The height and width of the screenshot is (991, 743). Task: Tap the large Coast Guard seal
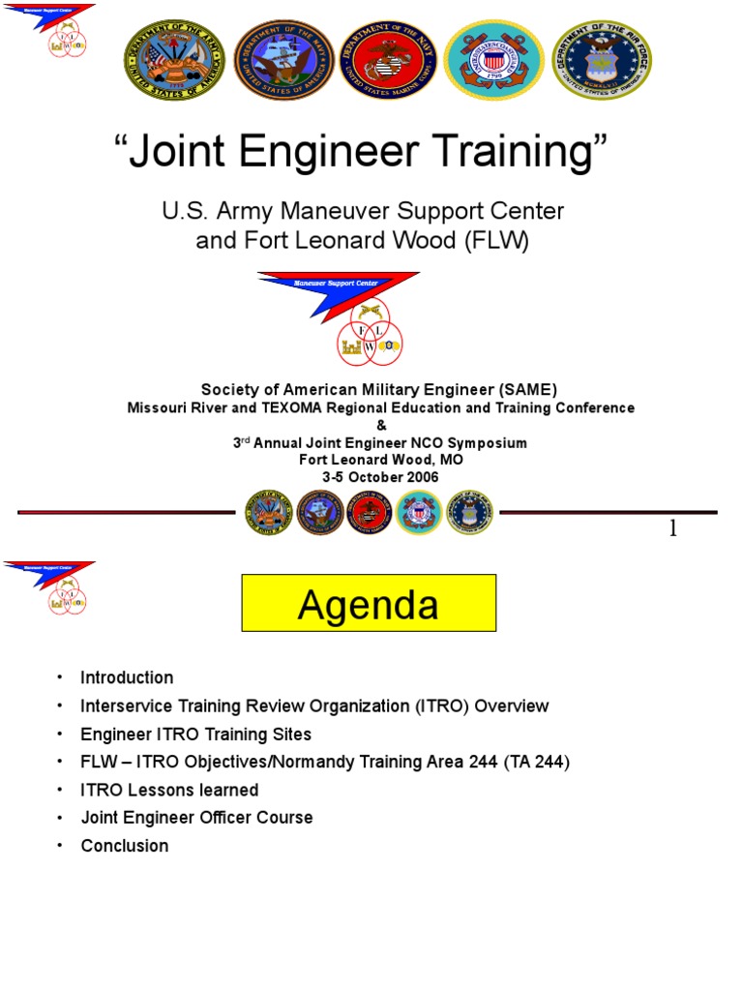493,61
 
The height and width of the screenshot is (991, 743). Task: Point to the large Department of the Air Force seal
602,61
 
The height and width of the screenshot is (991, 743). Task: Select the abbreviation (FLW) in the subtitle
496,241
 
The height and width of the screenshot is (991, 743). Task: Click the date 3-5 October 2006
380,477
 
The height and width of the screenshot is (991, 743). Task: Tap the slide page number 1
672,528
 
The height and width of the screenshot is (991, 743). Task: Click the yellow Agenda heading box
368,604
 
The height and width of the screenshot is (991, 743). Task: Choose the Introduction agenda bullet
127,677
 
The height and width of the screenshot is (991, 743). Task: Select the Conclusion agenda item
124,846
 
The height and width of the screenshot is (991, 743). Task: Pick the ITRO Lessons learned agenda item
169,790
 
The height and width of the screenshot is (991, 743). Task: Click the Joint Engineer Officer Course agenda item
196,818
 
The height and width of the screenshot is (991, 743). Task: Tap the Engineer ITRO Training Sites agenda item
195,734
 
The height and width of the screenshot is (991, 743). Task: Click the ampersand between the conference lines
380,425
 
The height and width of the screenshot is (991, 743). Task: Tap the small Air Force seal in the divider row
469,513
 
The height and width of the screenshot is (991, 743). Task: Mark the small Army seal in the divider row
268,513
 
